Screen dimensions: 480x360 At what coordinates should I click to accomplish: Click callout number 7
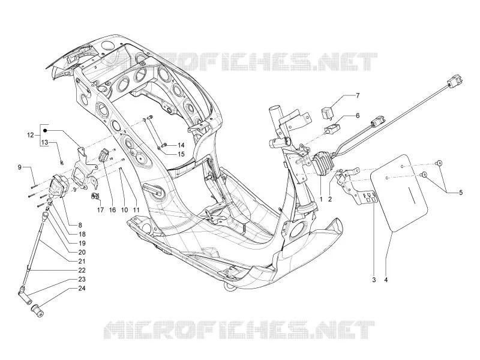pyautogui.click(x=357, y=95)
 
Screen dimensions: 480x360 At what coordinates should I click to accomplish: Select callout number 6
pyautogui.click(x=357, y=116)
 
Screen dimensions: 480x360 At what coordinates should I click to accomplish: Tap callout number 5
pyautogui.click(x=460, y=193)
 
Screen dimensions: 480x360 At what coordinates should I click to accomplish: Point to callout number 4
pyautogui.click(x=386, y=280)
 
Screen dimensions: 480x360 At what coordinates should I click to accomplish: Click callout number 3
pyautogui.click(x=374, y=280)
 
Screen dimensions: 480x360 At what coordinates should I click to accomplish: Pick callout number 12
pyautogui.click(x=31, y=134)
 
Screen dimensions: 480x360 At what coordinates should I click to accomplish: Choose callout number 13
pyautogui.click(x=44, y=142)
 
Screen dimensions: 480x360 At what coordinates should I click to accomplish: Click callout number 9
pyautogui.click(x=20, y=167)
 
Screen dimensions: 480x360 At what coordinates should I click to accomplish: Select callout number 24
pyautogui.click(x=82, y=289)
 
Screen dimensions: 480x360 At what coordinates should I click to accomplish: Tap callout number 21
pyautogui.click(x=82, y=261)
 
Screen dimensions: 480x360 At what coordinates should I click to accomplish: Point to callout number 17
pyautogui.click(x=100, y=210)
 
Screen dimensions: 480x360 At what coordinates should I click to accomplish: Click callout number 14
pyautogui.click(x=181, y=145)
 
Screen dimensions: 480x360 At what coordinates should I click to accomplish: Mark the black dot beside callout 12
pyautogui.click(x=44, y=131)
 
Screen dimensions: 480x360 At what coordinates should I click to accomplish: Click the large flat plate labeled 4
pyautogui.click(x=399, y=193)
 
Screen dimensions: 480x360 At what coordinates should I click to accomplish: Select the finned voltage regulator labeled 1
pyautogui.click(x=320, y=163)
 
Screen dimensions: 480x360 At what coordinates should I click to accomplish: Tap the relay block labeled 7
pyautogui.click(x=327, y=112)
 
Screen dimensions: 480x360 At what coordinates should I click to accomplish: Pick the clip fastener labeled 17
pyautogui.click(x=95, y=196)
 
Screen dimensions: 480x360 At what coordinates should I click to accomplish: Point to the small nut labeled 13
pyautogui.click(x=62, y=162)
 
